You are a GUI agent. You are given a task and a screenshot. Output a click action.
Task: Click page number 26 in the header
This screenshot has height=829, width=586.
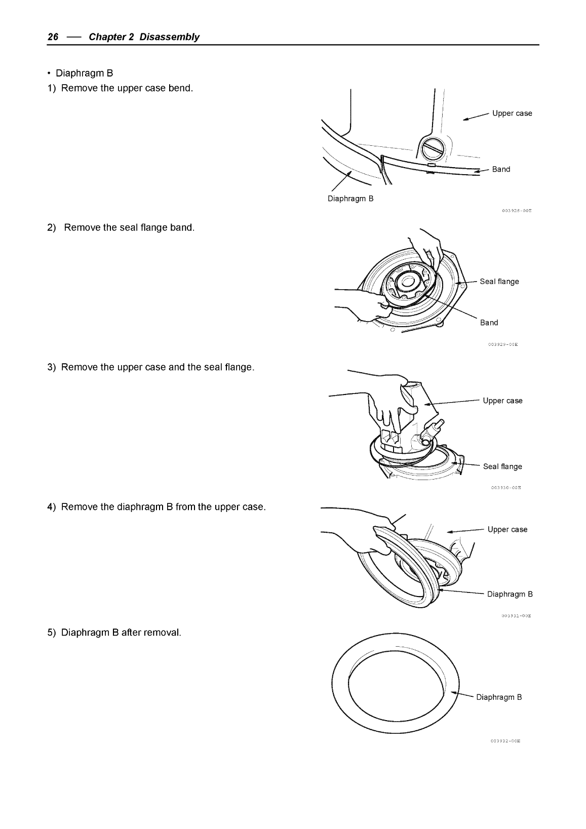[53, 37]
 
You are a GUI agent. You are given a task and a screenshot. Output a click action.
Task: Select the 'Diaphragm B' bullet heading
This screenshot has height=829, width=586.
[81, 73]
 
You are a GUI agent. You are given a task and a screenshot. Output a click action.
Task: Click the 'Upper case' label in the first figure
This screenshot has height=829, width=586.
[512, 113]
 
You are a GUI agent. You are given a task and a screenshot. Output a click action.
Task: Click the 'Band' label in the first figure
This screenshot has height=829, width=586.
[501, 169]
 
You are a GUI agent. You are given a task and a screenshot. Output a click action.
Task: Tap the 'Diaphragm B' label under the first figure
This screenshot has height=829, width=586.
[350, 199]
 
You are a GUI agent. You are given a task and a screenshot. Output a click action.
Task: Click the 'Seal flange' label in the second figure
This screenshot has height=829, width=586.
[499, 282]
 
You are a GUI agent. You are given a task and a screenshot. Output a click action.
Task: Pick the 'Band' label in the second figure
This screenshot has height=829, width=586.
[489, 323]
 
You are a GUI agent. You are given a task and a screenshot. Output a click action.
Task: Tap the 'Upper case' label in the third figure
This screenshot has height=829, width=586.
[502, 401]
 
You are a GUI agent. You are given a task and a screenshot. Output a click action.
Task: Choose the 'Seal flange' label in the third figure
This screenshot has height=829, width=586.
[502, 466]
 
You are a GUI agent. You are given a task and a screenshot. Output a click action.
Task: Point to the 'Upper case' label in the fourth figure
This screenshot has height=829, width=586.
[507, 530]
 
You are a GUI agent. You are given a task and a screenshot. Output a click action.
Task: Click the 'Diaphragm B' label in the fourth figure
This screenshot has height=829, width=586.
[510, 594]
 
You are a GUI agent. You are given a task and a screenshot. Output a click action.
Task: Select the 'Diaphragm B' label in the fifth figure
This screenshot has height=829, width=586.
[499, 697]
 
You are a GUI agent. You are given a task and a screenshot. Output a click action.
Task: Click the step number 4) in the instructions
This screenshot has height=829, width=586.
[52, 507]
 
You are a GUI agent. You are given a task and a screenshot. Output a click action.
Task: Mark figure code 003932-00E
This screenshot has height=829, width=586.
[505, 741]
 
